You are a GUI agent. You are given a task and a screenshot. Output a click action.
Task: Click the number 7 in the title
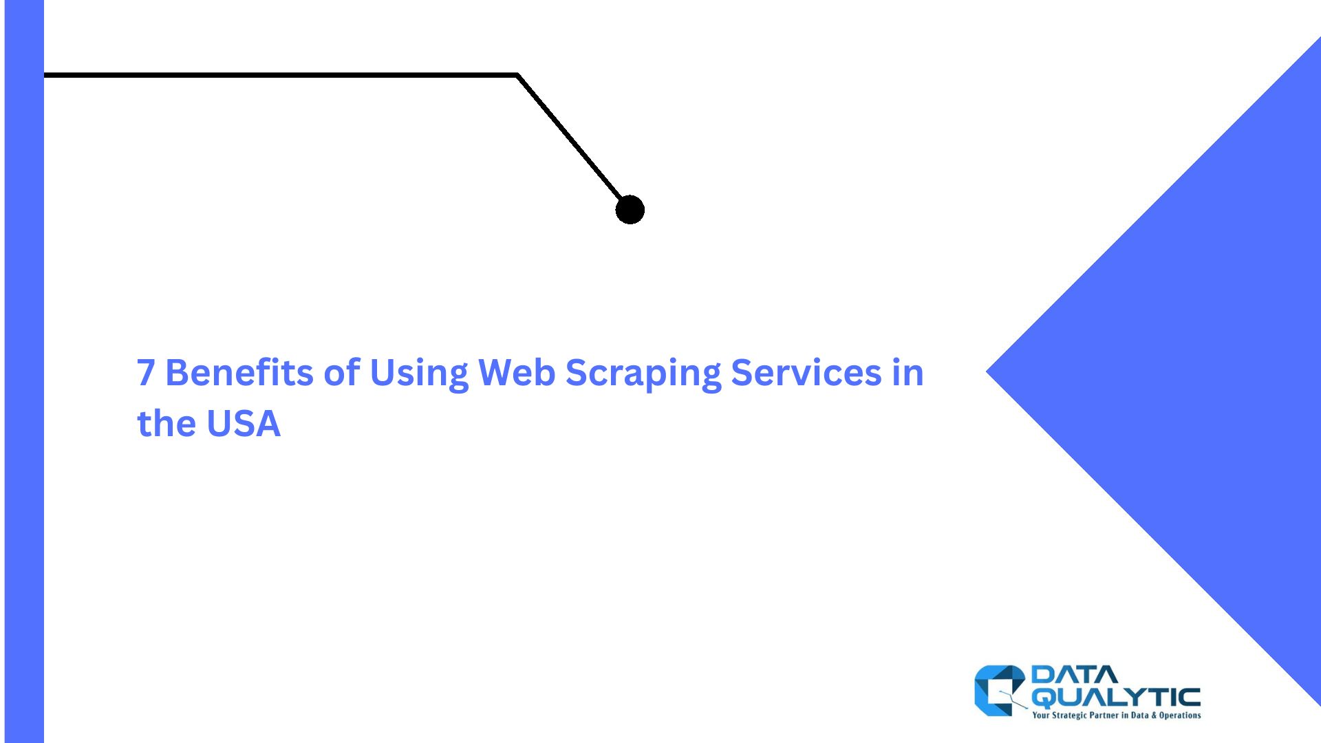[x=146, y=372]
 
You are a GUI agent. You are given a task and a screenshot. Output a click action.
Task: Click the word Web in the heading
[x=517, y=372]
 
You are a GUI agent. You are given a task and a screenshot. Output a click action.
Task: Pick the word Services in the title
[x=806, y=372]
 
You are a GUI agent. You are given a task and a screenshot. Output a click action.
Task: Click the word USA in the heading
[x=244, y=423]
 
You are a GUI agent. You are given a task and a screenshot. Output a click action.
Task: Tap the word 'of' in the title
[x=342, y=372]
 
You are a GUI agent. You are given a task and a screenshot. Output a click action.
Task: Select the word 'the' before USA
[x=167, y=423]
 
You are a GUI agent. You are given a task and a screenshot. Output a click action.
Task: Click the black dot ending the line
[x=630, y=210]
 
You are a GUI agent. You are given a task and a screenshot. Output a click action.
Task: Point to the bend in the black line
[x=517, y=75]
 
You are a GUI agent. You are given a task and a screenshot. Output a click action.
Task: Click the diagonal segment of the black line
[x=570, y=137]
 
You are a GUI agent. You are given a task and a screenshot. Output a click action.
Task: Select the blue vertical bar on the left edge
[x=24, y=371]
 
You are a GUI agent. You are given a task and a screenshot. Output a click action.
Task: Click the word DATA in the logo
[x=1075, y=675]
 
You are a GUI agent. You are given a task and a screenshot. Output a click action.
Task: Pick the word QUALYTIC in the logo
[x=1116, y=698]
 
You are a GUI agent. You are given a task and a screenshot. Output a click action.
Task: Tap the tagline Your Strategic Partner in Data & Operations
[x=1117, y=715]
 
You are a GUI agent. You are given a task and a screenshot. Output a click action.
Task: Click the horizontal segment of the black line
[x=281, y=75]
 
